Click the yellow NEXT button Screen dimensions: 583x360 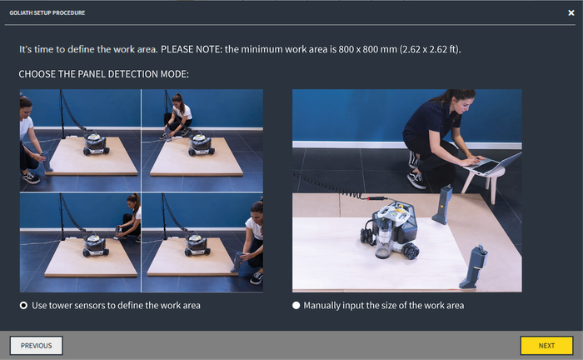[546, 346]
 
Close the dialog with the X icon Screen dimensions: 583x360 [571, 13]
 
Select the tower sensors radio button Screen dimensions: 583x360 [23, 305]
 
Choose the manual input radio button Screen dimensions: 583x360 [296, 305]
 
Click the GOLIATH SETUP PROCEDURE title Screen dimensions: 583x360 [47, 12]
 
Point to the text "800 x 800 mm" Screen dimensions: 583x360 [368, 49]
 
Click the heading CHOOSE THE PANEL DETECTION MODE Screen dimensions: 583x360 [104, 74]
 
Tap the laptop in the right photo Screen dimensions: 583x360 [491, 163]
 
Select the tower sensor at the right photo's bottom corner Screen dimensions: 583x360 [473, 267]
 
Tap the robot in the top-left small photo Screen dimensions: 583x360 [96, 144]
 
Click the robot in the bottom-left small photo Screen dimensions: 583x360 [96, 246]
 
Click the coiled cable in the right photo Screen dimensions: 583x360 [327, 185]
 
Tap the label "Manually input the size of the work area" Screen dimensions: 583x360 [384, 305]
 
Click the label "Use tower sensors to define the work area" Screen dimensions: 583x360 [116, 305]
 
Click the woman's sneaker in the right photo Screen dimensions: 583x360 [416, 180]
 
